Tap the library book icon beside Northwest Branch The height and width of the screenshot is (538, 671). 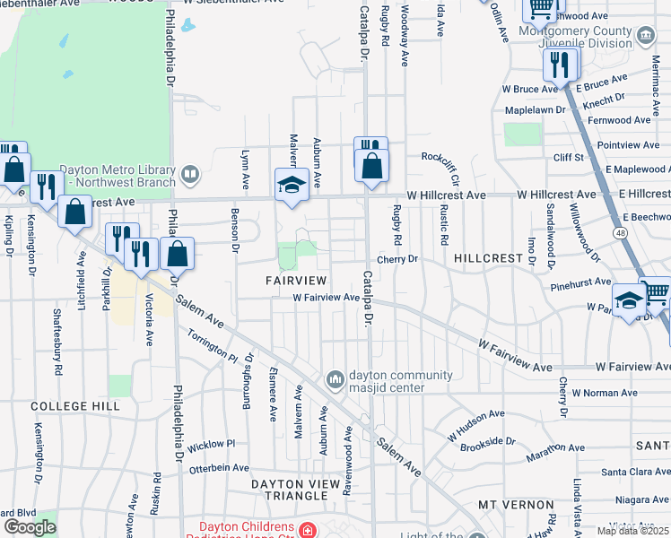coord(188,172)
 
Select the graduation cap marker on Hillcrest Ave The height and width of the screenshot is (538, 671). coord(289,184)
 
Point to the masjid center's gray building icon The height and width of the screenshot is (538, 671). coord(335,381)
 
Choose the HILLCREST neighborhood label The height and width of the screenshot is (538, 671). coord(488,257)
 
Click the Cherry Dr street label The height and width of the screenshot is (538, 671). coord(397,259)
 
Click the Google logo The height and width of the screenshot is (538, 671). coord(30,527)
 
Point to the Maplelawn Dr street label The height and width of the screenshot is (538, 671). coord(536,109)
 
